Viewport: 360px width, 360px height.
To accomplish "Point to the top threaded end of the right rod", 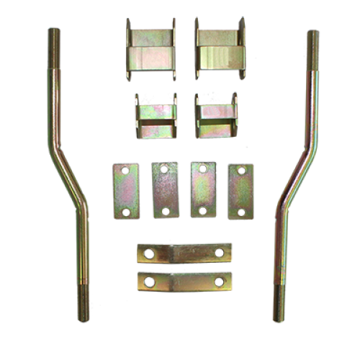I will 312,43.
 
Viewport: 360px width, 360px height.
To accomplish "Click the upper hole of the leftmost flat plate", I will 126,170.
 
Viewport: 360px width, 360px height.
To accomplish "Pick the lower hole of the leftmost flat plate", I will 126,212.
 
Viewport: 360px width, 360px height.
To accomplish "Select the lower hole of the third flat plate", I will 202,211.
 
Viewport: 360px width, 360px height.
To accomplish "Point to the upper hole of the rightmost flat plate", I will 240,171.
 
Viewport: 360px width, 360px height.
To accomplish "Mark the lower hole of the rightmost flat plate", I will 240,212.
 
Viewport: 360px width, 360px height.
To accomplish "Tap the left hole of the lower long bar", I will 149,280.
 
